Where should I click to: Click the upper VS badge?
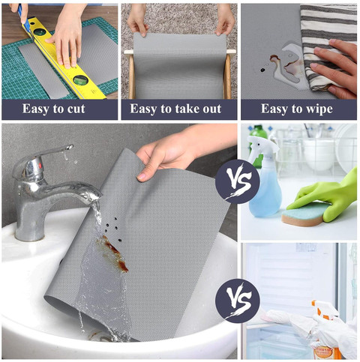[x=238, y=181]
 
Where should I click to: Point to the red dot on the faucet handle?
[x=40, y=166]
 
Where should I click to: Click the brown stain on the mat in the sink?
[x=115, y=253]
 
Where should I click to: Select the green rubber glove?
[x=325, y=197]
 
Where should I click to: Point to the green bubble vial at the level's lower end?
[x=81, y=79]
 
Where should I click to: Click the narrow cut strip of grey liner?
[x=44, y=71]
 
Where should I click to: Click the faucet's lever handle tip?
[x=69, y=147]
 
